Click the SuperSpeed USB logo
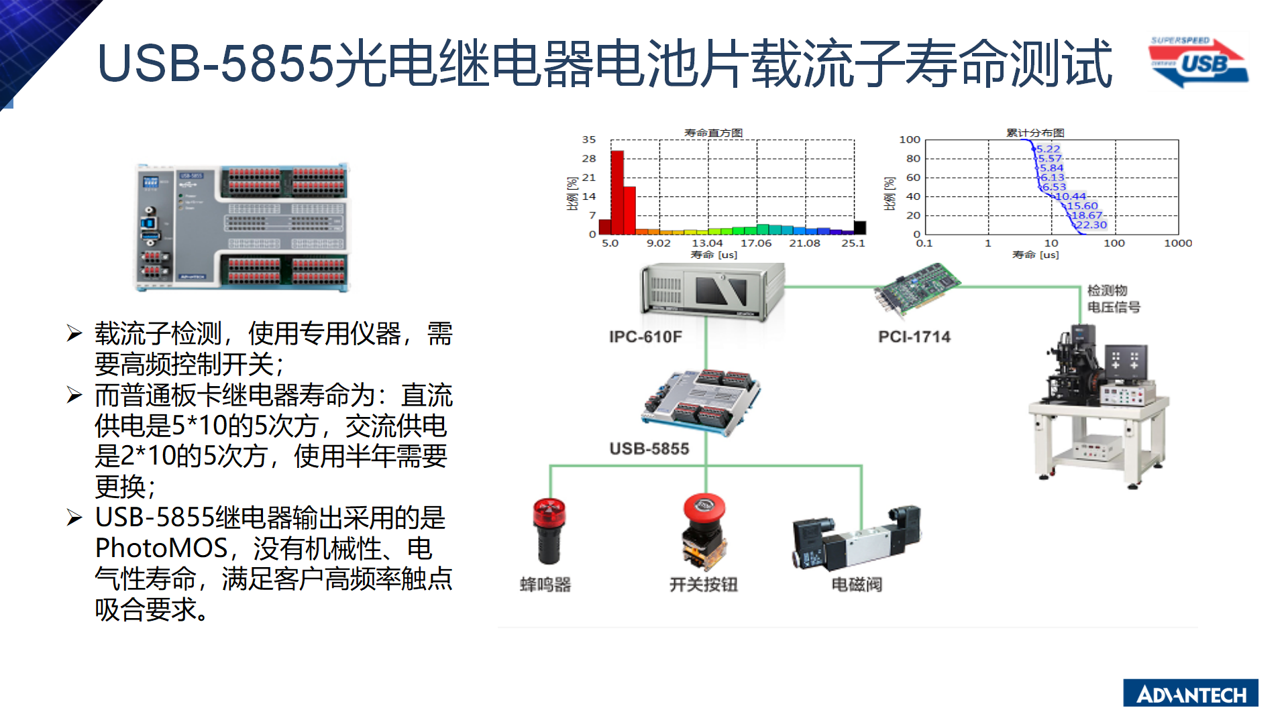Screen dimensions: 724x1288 tap(1199, 62)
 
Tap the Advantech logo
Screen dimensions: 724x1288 tap(1191, 693)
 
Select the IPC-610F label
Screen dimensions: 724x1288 tap(645, 337)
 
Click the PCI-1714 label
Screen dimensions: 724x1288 tap(914, 337)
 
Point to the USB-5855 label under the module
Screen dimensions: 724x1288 tap(649, 448)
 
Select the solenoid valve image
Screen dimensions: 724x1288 tap(857, 538)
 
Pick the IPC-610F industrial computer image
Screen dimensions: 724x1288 tap(712, 292)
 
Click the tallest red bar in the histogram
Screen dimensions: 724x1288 tap(617, 192)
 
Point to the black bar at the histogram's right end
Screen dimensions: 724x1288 tap(859, 227)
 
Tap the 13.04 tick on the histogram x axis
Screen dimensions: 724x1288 tap(707, 243)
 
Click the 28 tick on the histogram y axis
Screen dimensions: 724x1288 tap(589, 158)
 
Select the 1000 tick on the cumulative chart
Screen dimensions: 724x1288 tap(1178, 243)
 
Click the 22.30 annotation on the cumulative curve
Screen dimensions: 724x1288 tap(1091, 225)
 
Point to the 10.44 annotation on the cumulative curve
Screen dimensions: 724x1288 tap(1071, 196)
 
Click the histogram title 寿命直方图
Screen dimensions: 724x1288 tap(713, 133)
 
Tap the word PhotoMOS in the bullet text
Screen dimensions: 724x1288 tap(162, 548)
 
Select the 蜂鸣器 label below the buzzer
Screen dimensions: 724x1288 tap(545, 585)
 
